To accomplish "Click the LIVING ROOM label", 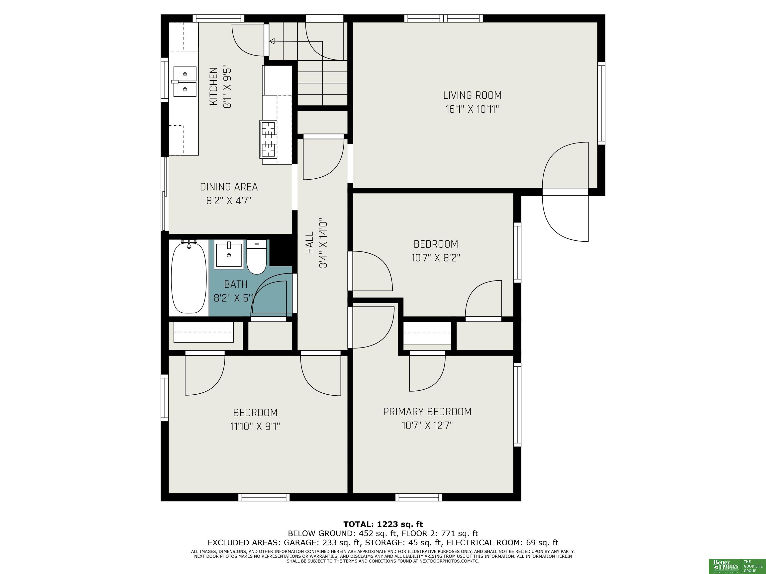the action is (x=472, y=95).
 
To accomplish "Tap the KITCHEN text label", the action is (x=214, y=86).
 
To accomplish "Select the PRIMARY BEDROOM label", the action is (x=427, y=412).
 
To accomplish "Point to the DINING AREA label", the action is (x=229, y=187).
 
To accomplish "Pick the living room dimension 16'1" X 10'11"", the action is (x=472, y=109).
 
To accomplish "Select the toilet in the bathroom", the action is (x=257, y=257).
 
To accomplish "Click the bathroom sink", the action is (x=229, y=254).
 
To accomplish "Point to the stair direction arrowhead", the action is (x=272, y=42).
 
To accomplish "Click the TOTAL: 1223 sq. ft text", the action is (x=383, y=524).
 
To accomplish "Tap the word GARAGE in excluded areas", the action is (x=299, y=543).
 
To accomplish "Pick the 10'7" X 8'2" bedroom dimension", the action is (x=436, y=258).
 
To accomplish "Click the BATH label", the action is (x=236, y=285).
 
